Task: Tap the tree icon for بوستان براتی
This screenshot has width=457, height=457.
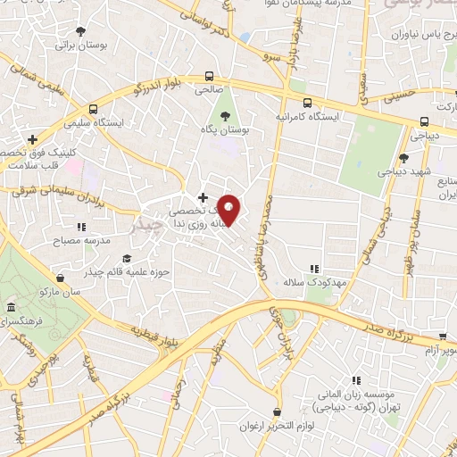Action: pos(82,29)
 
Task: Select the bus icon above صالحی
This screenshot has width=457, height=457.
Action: pos(209,77)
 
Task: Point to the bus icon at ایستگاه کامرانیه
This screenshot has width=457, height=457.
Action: pos(307,103)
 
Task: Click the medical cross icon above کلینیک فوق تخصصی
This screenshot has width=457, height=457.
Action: pos(32,140)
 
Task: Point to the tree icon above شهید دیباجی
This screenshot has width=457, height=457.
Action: pos(404,158)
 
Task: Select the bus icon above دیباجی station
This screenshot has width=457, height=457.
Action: pos(423,122)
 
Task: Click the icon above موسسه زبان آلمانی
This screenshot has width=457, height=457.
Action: pos(356,379)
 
